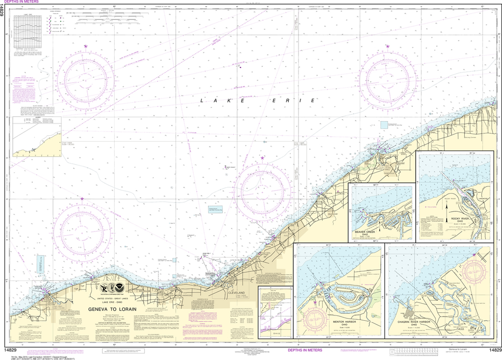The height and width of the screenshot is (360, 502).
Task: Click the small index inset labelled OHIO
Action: [x=275, y=311]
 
